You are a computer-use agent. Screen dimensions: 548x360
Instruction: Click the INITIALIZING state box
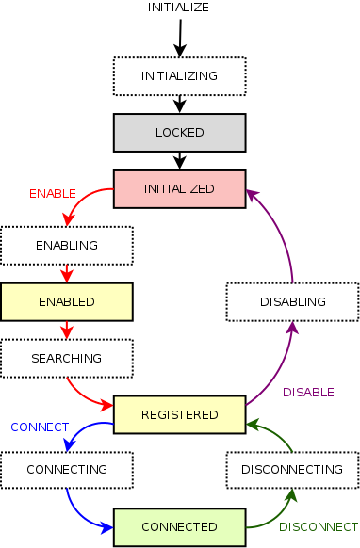tap(179, 75)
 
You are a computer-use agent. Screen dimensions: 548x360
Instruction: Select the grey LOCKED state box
tap(179, 132)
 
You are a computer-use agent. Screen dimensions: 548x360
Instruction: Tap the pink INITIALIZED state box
tap(179, 188)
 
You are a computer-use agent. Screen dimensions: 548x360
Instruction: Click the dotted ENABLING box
tap(66, 245)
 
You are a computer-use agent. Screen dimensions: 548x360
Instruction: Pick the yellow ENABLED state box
tap(66, 302)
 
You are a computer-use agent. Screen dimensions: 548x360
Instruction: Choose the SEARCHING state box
tap(66, 359)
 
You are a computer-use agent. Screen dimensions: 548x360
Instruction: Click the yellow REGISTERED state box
tap(179, 414)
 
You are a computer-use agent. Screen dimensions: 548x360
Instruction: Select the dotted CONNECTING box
tap(66, 469)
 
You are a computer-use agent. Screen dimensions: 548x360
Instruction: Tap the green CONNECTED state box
tap(179, 526)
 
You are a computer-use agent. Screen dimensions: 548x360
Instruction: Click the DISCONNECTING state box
tap(292, 469)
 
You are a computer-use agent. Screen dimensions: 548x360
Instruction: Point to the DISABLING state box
tap(292, 302)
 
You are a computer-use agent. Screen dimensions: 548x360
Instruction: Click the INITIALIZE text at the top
tap(178, 8)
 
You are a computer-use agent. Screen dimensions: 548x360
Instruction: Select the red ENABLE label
tap(53, 193)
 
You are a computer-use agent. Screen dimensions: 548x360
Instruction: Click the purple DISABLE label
tap(308, 392)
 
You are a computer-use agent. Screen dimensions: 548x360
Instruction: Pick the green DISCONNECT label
tap(319, 526)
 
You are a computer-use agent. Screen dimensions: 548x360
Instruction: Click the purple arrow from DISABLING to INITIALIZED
tap(283, 235)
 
